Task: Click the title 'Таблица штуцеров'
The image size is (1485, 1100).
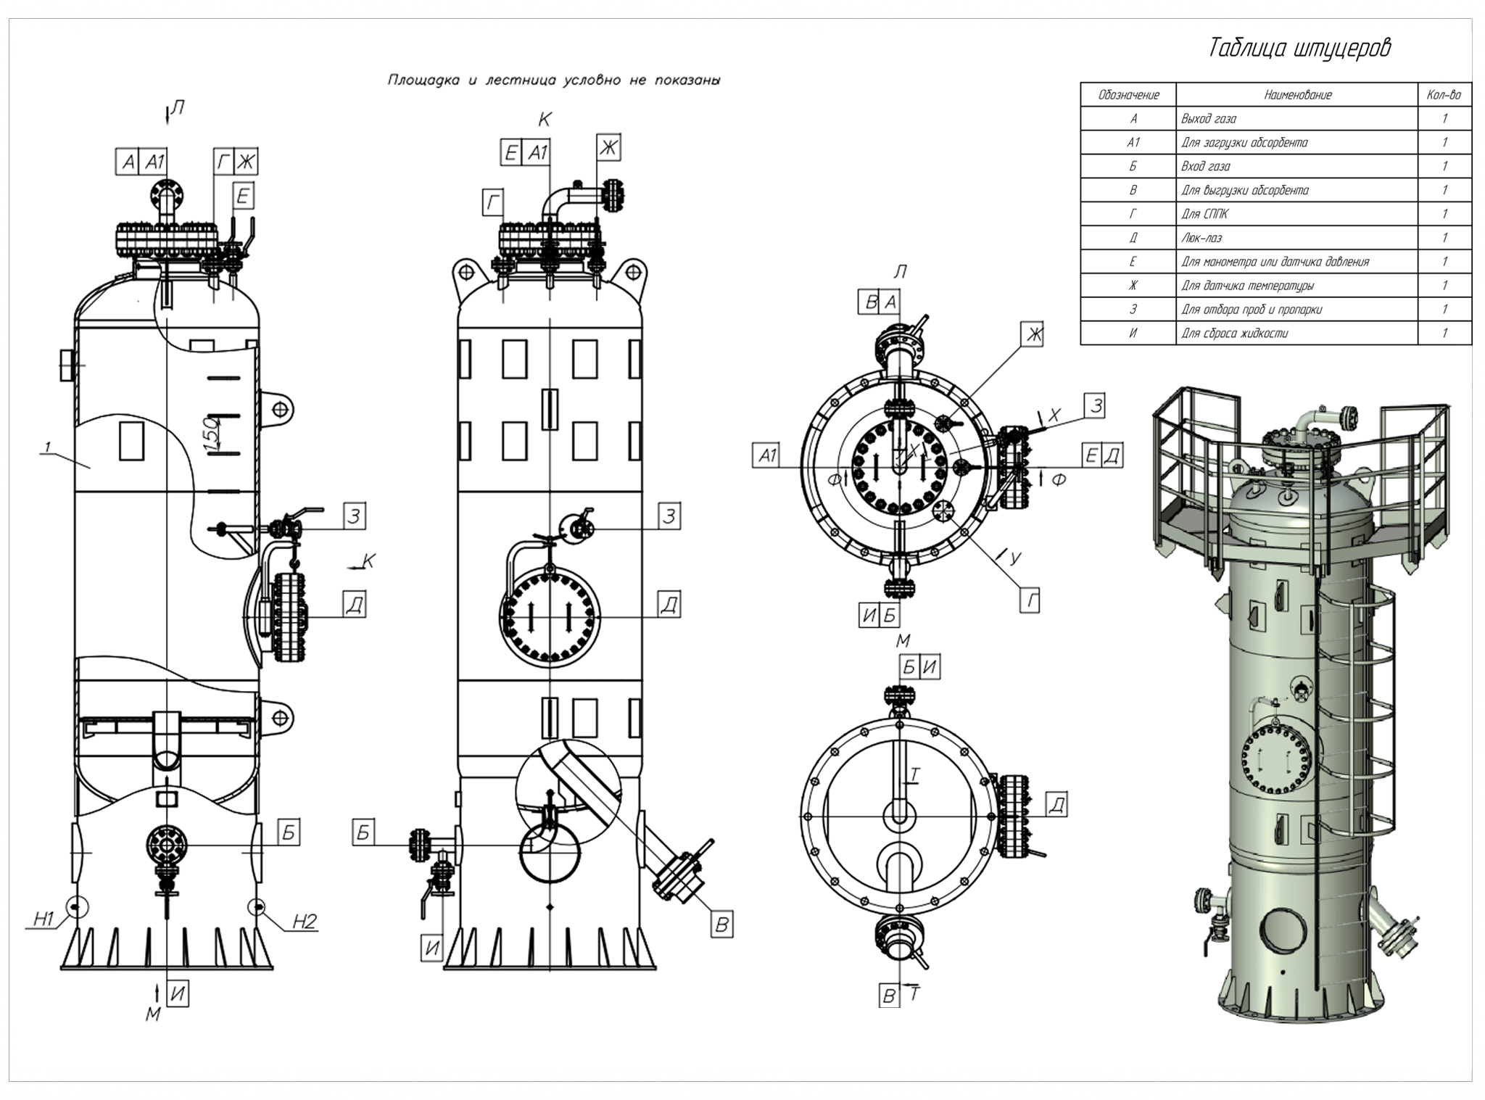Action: tap(1299, 48)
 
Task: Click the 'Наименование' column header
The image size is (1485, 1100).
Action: tap(1297, 94)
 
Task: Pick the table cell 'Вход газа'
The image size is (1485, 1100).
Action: tap(1205, 166)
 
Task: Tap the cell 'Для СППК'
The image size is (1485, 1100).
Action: tap(1204, 214)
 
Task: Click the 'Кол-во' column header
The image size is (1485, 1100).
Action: tap(1444, 94)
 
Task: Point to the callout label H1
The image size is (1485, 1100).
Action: tap(44, 919)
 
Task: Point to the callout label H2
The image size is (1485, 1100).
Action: tap(305, 921)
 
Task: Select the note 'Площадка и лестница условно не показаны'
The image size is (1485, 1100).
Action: tap(553, 80)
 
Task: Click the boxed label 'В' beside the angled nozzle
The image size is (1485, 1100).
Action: tap(721, 925)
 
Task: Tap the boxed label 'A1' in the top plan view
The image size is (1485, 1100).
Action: tap(767, 455)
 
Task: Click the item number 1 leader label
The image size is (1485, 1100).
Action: tap(48, 448)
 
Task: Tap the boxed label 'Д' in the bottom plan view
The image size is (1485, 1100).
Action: tap(1056, 804)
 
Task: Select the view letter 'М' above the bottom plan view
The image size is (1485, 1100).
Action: tap(903, 641)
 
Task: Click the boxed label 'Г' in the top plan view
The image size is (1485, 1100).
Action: tap(1030, 600)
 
